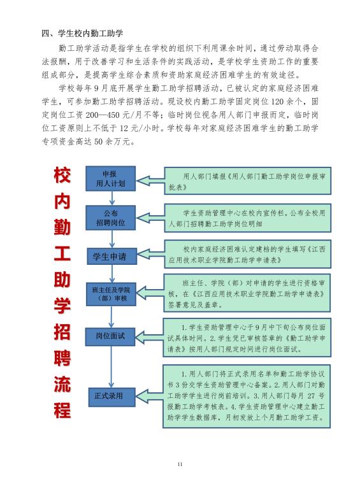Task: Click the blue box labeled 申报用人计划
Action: pos(110,178)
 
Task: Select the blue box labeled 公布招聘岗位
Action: pos(110,218)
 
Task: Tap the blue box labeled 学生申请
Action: pos(112,257)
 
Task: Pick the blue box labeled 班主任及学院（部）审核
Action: pos(111,294)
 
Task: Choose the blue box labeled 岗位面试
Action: pos(110,336)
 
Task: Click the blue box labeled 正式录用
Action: pos(112,397)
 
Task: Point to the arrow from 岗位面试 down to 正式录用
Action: pos(111,367)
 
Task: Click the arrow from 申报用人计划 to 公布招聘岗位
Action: pos(112,198)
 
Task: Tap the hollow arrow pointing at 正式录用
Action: pos(149,396)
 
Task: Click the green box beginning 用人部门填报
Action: pos(248,181)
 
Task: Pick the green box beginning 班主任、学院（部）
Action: pos(247,293)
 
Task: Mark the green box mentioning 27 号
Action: pos(247,396)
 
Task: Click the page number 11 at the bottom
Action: pos(180,464)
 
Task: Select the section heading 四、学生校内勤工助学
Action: pos(83,33)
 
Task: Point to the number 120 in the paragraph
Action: pos(278,102)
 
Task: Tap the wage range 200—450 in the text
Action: pos(103,115)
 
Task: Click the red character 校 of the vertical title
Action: pos(62,175)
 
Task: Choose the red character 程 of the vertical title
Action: pos(62,410)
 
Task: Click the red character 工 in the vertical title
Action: pos(62,253)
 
